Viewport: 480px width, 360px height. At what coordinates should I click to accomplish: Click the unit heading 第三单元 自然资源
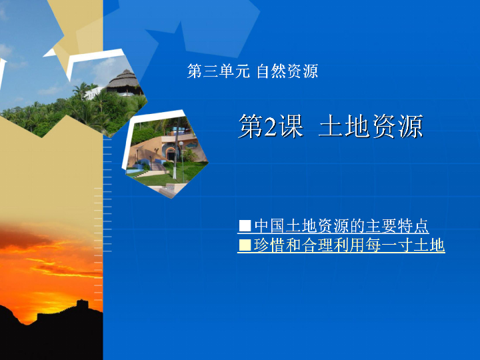253,71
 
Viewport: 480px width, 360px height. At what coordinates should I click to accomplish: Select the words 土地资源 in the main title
371,126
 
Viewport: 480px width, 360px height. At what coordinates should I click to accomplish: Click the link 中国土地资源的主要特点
341,226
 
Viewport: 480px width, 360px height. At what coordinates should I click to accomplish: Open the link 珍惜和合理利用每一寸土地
349,245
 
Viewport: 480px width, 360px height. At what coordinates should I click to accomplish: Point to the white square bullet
245,226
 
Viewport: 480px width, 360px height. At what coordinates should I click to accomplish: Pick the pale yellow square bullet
245,245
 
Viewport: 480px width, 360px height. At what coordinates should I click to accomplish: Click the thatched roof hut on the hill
125,81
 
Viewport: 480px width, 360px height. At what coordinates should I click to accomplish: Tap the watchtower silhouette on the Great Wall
82,305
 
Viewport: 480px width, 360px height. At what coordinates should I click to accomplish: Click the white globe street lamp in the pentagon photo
181,143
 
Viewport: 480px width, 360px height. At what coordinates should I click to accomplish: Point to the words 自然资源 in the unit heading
287,71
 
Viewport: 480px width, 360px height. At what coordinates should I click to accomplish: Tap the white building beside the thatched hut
93,93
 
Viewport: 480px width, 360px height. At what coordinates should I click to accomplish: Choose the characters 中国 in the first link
270,226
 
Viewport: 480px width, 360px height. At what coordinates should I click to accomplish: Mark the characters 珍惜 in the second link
269,245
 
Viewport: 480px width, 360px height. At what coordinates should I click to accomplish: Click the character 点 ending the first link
421,226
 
